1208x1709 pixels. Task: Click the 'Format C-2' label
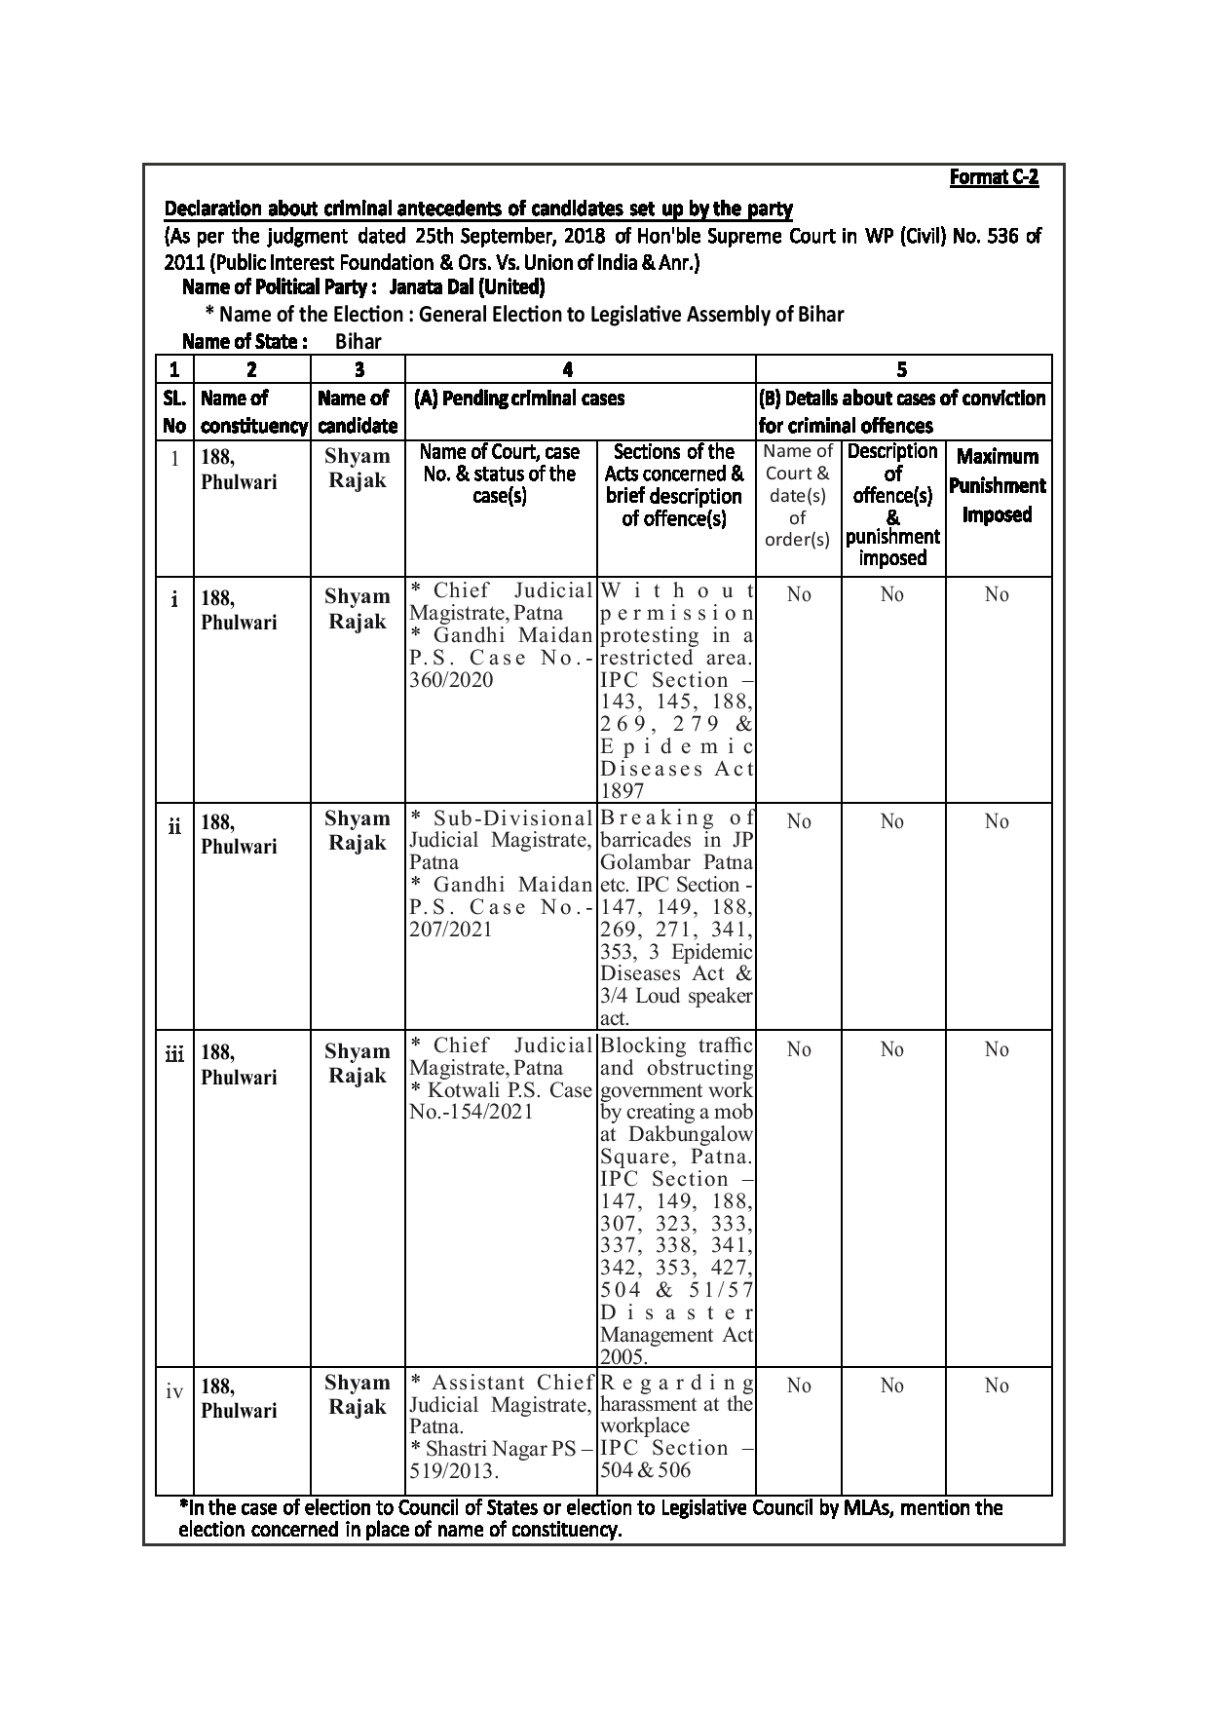click(994, 178)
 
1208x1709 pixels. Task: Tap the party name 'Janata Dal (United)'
click(467, 287)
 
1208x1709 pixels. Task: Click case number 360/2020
click(452, 680)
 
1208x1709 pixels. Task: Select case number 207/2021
click(452, 930)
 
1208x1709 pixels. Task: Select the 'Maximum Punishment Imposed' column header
click(998, 486)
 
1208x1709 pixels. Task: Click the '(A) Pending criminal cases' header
click(519, 399)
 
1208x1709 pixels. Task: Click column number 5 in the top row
click(902, 369)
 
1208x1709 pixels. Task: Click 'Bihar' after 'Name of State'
click(358, 342)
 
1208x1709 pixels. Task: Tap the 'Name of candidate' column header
click(358, 412)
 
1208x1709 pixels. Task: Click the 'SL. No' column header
click(174, 412)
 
